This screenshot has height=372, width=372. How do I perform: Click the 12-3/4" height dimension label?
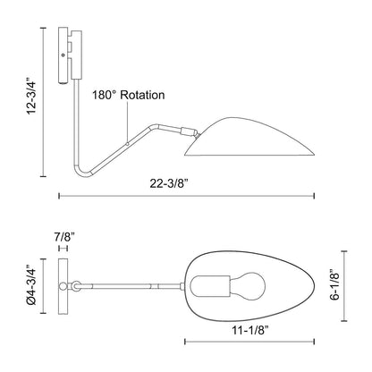(x=32, y=97)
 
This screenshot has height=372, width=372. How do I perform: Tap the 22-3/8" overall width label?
(x=169, y=184)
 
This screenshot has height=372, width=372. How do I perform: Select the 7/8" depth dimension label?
(x=64, y=237)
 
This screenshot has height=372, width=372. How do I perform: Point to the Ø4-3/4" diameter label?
(x=31, y=285)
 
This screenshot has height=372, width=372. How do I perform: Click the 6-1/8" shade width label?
(x=334, y=284)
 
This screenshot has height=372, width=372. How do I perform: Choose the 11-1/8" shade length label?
(x=250, y=330)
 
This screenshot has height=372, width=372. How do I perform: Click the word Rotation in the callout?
(x=142, y=95)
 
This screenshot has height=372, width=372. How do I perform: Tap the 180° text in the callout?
(x=104, y=95)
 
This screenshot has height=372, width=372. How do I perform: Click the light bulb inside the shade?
(x=248, y=286)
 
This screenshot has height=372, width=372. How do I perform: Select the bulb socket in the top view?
(x=210, y=286)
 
